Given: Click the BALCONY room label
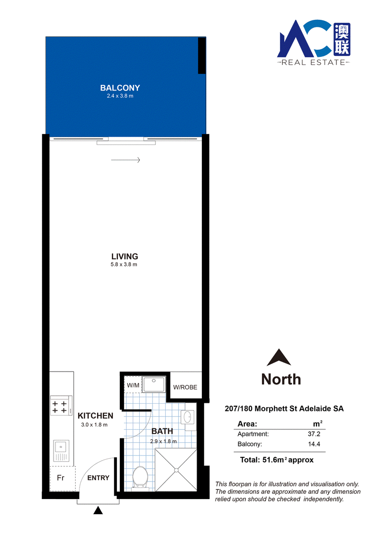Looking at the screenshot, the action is [120, 88].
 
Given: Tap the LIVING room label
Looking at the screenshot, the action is [125, 256].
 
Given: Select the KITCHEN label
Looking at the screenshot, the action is [95, 416].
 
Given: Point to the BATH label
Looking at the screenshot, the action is [162, 431].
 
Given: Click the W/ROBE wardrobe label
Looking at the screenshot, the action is [185, 387].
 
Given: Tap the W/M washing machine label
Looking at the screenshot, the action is [133, 385].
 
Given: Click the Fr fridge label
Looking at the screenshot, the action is [61, 478].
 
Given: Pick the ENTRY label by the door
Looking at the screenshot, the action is [98, 478].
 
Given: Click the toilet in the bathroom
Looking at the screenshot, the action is [140, 476].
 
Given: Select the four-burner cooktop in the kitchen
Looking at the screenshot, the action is [61, 405].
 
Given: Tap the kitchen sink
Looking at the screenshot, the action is [61, 451].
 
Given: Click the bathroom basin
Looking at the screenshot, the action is [188, 417].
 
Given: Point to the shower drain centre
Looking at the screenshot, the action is [176, 471].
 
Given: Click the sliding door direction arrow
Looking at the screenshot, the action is [126, 160].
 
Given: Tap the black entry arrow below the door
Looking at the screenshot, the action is [98, 510].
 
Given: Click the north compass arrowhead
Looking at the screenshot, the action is [279, 357].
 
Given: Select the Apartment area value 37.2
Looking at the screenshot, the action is [314, 434].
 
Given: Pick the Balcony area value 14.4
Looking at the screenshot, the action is [314, 445].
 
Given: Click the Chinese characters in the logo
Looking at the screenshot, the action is [342, 39].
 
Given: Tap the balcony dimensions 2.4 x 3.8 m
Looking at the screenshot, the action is [120, 96].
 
